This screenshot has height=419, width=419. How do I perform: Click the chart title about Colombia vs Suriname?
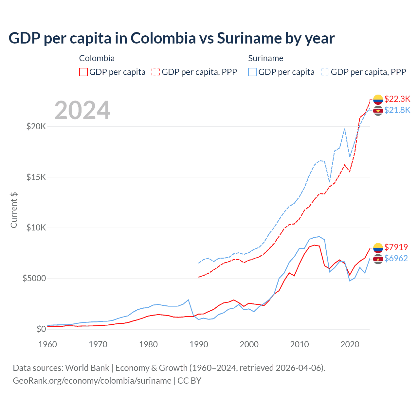point(172,38)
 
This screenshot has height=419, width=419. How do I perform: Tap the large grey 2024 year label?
point(82,110)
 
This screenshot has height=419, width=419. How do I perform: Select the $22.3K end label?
point(397,99)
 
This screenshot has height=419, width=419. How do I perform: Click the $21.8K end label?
point(397,110)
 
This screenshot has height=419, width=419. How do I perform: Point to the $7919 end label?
point(396,247)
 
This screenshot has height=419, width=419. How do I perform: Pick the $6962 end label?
point(396,258)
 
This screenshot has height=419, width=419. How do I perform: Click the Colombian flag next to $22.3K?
point(378,99)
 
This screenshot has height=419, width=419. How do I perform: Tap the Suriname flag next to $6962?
point(378,259)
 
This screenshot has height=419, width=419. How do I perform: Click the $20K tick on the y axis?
point(36,126)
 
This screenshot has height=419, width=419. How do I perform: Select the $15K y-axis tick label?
point(36,177)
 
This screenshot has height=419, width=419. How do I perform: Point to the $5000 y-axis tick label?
point(34,278)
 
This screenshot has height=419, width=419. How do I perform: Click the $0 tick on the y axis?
point(41,329)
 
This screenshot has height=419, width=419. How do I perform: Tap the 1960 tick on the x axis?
point(48,344)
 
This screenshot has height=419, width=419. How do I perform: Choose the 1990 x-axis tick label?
point(199,344)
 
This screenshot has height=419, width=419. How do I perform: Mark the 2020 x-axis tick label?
point(350,344)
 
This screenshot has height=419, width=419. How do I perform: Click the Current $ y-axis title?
point(14,210)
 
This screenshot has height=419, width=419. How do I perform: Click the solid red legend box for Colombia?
point(83,72)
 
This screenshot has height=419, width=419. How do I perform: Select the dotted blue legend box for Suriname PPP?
point(325,72)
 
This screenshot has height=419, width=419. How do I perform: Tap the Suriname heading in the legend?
point(265,58)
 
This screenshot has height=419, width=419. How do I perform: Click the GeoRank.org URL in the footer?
point(92,381)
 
